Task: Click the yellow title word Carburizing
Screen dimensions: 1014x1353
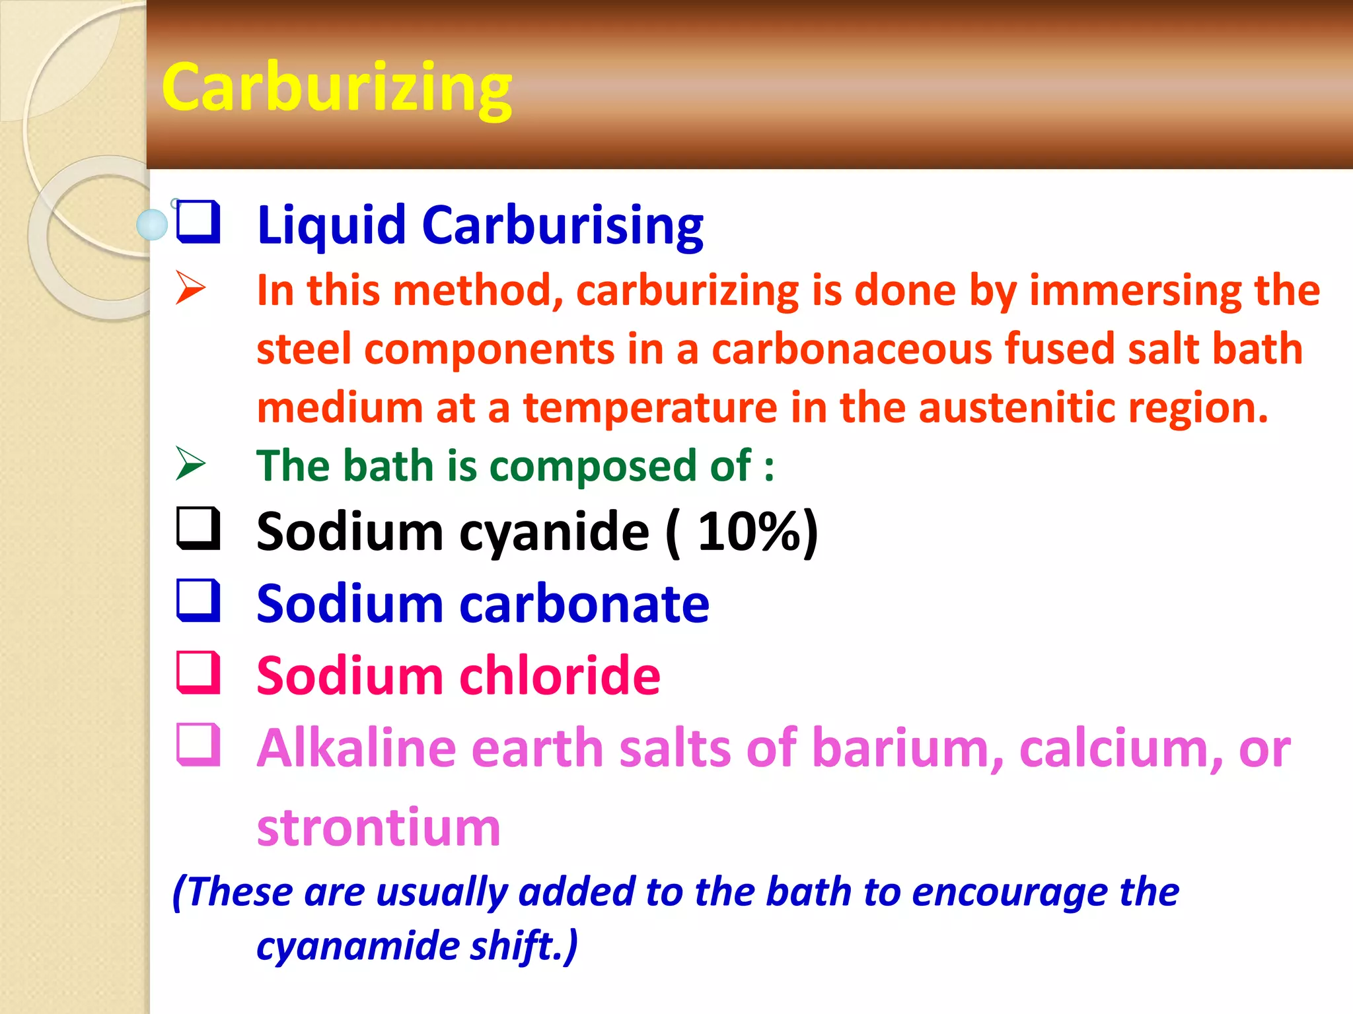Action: [336, 88]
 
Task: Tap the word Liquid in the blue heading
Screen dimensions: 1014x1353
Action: [331, 225]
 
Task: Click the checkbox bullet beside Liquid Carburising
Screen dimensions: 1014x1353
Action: [198, 222]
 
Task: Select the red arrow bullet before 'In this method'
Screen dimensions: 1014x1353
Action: [190, 288]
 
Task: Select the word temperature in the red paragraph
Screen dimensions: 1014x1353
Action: [650, 407]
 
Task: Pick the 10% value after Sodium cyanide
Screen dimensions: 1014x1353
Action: [749, 531]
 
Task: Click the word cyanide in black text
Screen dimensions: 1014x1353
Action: [554, 532]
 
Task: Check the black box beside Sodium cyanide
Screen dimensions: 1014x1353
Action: [198, 529]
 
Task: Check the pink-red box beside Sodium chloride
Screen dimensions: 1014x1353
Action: [198, 673]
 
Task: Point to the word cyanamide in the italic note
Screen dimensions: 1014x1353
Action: [356, 946]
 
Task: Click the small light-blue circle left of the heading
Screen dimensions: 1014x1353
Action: [152, 225]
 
